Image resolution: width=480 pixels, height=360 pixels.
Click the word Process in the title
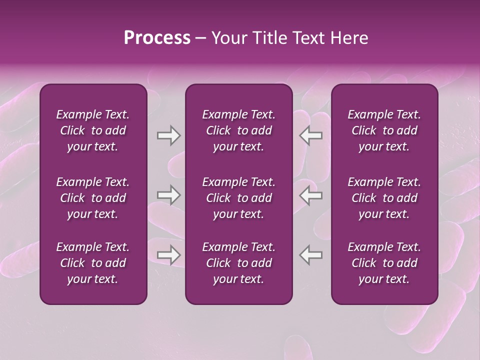pos(157,38)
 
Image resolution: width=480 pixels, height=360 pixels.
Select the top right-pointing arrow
pos(168,135)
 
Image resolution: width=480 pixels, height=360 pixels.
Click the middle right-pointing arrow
pos(168,195)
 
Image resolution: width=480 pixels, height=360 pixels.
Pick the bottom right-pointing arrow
pos(168,255)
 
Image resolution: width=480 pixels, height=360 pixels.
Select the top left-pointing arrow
pos(311,135)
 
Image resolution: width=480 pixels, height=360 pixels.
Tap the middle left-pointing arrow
pos(311,195)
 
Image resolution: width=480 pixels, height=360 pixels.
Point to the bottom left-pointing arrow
pos(311,255)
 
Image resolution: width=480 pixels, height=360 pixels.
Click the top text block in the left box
pos(93,130)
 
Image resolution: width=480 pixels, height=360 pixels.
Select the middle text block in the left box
pos(93,198)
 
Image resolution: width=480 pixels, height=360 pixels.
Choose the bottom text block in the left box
pos(93,263)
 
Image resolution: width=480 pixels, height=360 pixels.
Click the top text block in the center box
pos(238,130)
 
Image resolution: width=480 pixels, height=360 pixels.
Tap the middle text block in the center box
pos(238,198)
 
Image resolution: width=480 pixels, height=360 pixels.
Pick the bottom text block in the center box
pos(238,263)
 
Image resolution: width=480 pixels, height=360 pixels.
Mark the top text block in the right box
pos(384,130)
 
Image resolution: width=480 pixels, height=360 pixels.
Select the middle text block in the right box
pos(384,198)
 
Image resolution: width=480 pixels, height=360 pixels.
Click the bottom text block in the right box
pos(384,263)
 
